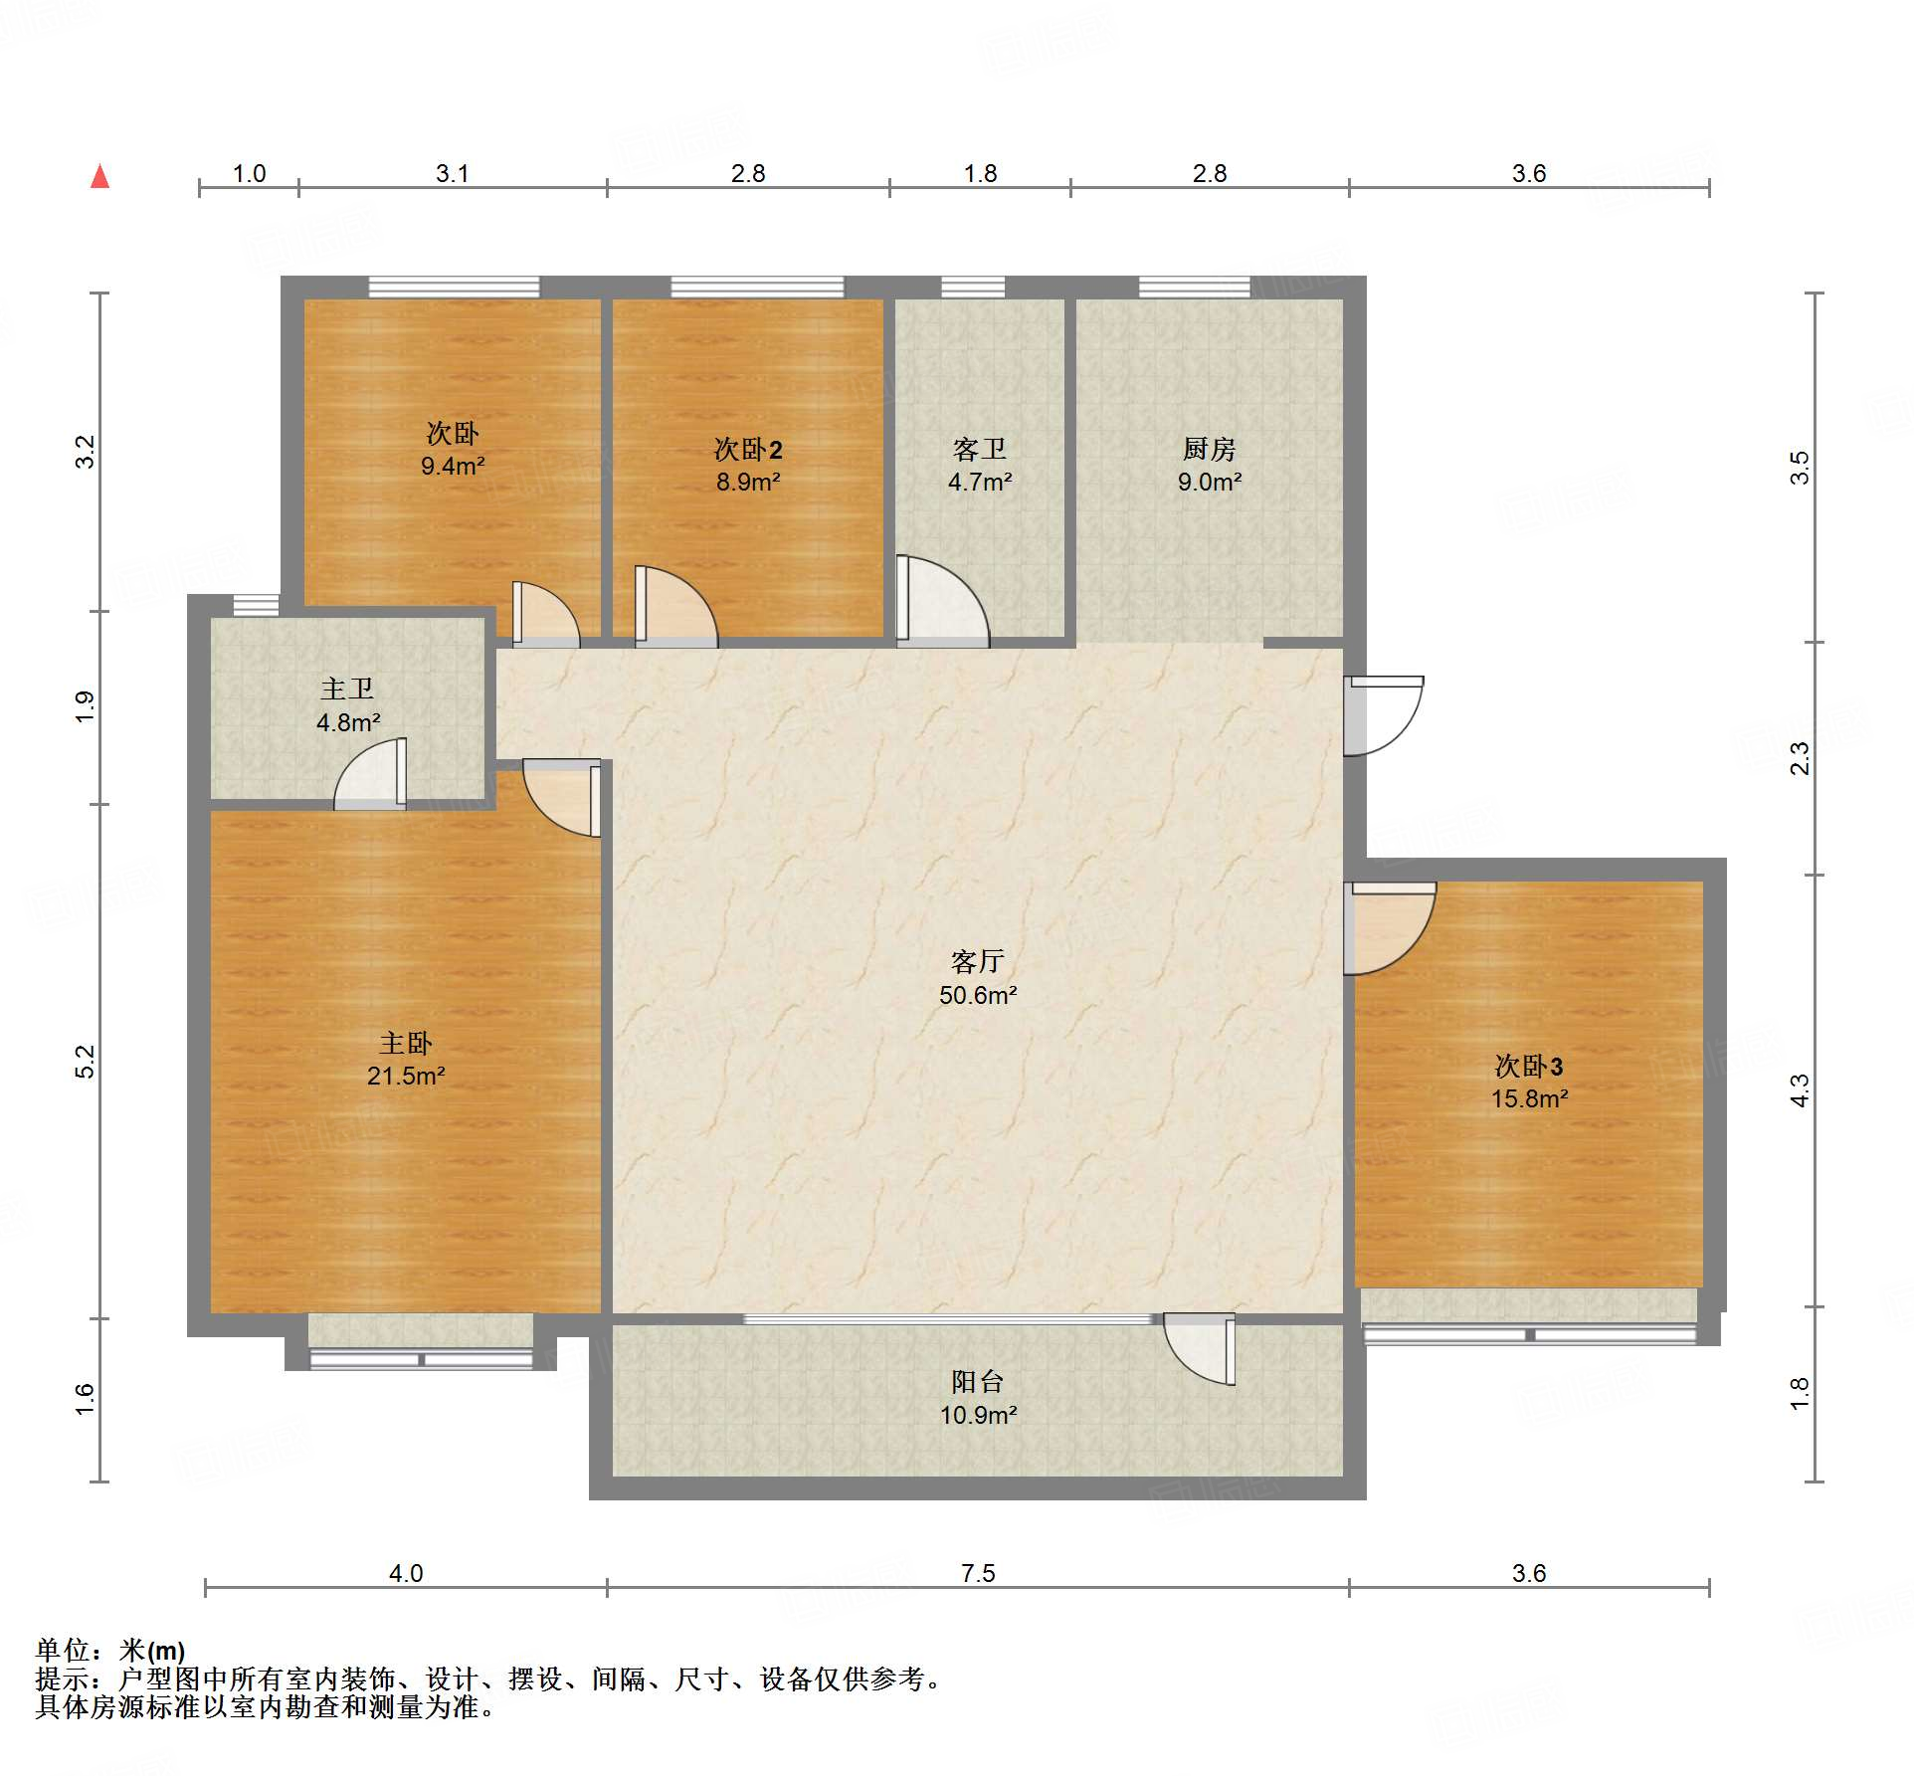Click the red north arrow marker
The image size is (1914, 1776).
click(99, 176)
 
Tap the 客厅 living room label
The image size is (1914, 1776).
click(977, 961)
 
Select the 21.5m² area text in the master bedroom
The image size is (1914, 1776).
click(406, 1076)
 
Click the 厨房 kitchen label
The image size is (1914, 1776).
click(1209, 449)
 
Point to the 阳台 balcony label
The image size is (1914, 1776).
click(977, 1381)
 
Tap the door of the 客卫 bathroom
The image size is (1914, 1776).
click(941, 601)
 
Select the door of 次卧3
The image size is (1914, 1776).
click(1389, 927)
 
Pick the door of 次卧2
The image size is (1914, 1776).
click(675, 606)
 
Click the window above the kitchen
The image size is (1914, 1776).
click(1194, 288)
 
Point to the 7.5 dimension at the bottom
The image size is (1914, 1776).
click(978, 1573)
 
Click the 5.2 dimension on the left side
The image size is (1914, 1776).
click(86, 1062)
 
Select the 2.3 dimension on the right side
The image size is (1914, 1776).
click(1800, 758)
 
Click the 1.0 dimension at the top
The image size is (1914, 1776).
click(249, 173)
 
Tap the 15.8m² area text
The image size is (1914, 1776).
click(1529, 1098)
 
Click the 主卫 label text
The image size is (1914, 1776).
click(347, 689)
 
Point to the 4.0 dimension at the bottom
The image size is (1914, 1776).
click(406, 1573)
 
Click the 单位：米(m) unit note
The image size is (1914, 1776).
click(110, 1651)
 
